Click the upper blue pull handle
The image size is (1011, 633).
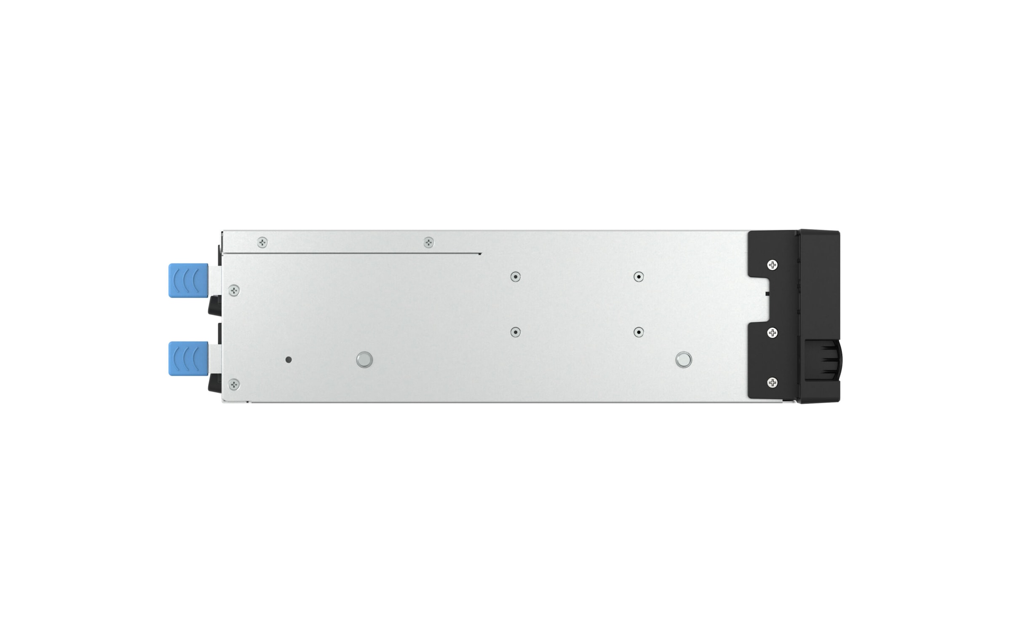tap(188, 280)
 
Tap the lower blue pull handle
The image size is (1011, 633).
tap(188, 358)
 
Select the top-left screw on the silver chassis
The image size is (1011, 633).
tap(262, 242)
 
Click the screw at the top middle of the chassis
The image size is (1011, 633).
tap(428, 242)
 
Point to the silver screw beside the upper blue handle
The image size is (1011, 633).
tap(234, 290)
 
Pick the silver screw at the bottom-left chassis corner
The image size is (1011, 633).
tap(234, 384)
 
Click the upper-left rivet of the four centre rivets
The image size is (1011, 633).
tap(515, 277)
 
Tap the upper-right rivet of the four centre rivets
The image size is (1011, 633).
tap(639, 277)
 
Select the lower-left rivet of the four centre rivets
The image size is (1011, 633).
tap(515, 332)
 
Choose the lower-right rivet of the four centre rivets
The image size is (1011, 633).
tap(639, 332)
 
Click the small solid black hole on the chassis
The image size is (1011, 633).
tap(289, 360)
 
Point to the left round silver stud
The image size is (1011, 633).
tap(364, 360)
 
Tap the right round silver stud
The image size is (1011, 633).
tap(683, 360)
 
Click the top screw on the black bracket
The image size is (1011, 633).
tap(772, 265)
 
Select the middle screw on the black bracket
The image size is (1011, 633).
tap(772, 333)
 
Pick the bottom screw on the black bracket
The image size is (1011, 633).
tap(772, 382)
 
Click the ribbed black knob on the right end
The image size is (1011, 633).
tap(824, 361)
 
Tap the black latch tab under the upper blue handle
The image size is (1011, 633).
tap(214, 306)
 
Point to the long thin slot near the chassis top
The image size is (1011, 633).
tap(352, 254)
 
